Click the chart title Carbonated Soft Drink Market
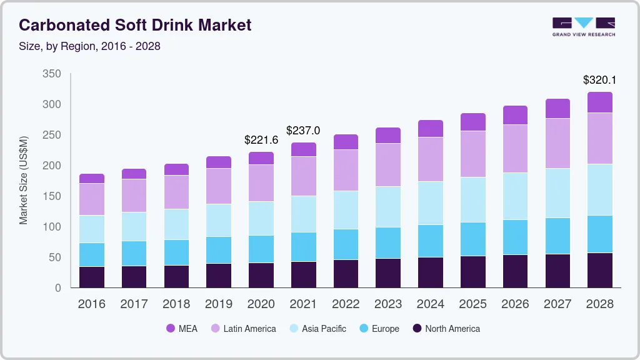(135, 25)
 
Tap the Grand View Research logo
(583, 26)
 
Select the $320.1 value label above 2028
(599, 80)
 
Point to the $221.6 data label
(261, 140)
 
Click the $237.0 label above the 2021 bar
(303, 131)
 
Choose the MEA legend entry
(182, 328)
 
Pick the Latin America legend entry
(243, 328)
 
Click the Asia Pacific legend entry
(317, 328)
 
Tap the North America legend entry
(446, 328)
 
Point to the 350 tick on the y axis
(52, 74)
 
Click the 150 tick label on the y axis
(52, 196)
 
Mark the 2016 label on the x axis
(91, 304)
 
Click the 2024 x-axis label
(430, 304)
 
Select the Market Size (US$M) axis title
(24, 180)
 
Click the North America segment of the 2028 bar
(599, 270)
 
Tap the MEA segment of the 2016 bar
(92, 178)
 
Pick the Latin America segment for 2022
(346, 170)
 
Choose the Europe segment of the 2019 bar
(219, 250)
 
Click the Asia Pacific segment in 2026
(515, 196)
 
